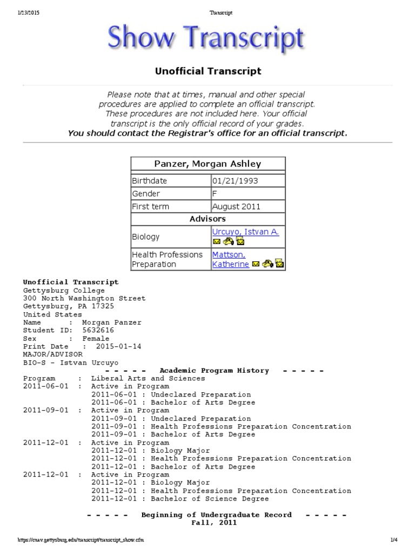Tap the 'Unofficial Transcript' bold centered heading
208,71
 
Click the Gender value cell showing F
215,194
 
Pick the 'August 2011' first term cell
236,206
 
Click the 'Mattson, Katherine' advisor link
229,259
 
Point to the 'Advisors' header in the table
207,219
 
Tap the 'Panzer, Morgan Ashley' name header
208,164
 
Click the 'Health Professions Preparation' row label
168,259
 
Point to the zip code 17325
103,306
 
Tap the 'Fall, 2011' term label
214,523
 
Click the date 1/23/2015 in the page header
29,13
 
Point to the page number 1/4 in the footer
394,540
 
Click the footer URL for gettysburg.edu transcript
80,540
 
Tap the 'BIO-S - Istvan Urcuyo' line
70,362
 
